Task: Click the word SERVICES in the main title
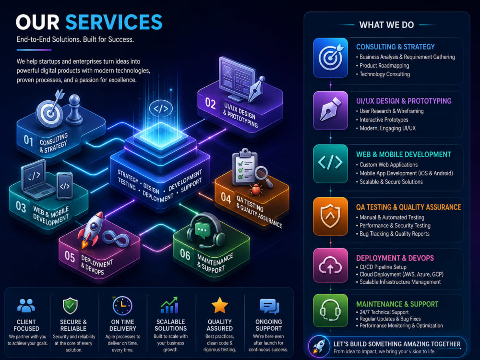(x=114, y=22)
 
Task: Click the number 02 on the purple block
(x=210, y=103)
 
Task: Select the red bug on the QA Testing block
(x=256, y=190)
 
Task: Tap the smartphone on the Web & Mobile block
(x=65, y=185)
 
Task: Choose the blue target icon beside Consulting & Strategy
(x=331, y=58)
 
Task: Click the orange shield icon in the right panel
(x=331, y=216)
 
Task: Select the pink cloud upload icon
(x=331, y=265)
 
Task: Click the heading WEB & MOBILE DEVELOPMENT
(x=404, y=155)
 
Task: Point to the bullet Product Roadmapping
(x=384, y=65)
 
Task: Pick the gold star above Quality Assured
(x=220, y=305)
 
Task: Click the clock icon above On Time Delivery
(x=122, y=306)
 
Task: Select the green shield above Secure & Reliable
(x=70, y=306)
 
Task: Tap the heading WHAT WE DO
(x=386, y=25)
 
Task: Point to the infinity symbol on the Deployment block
(x=115, y=239)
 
